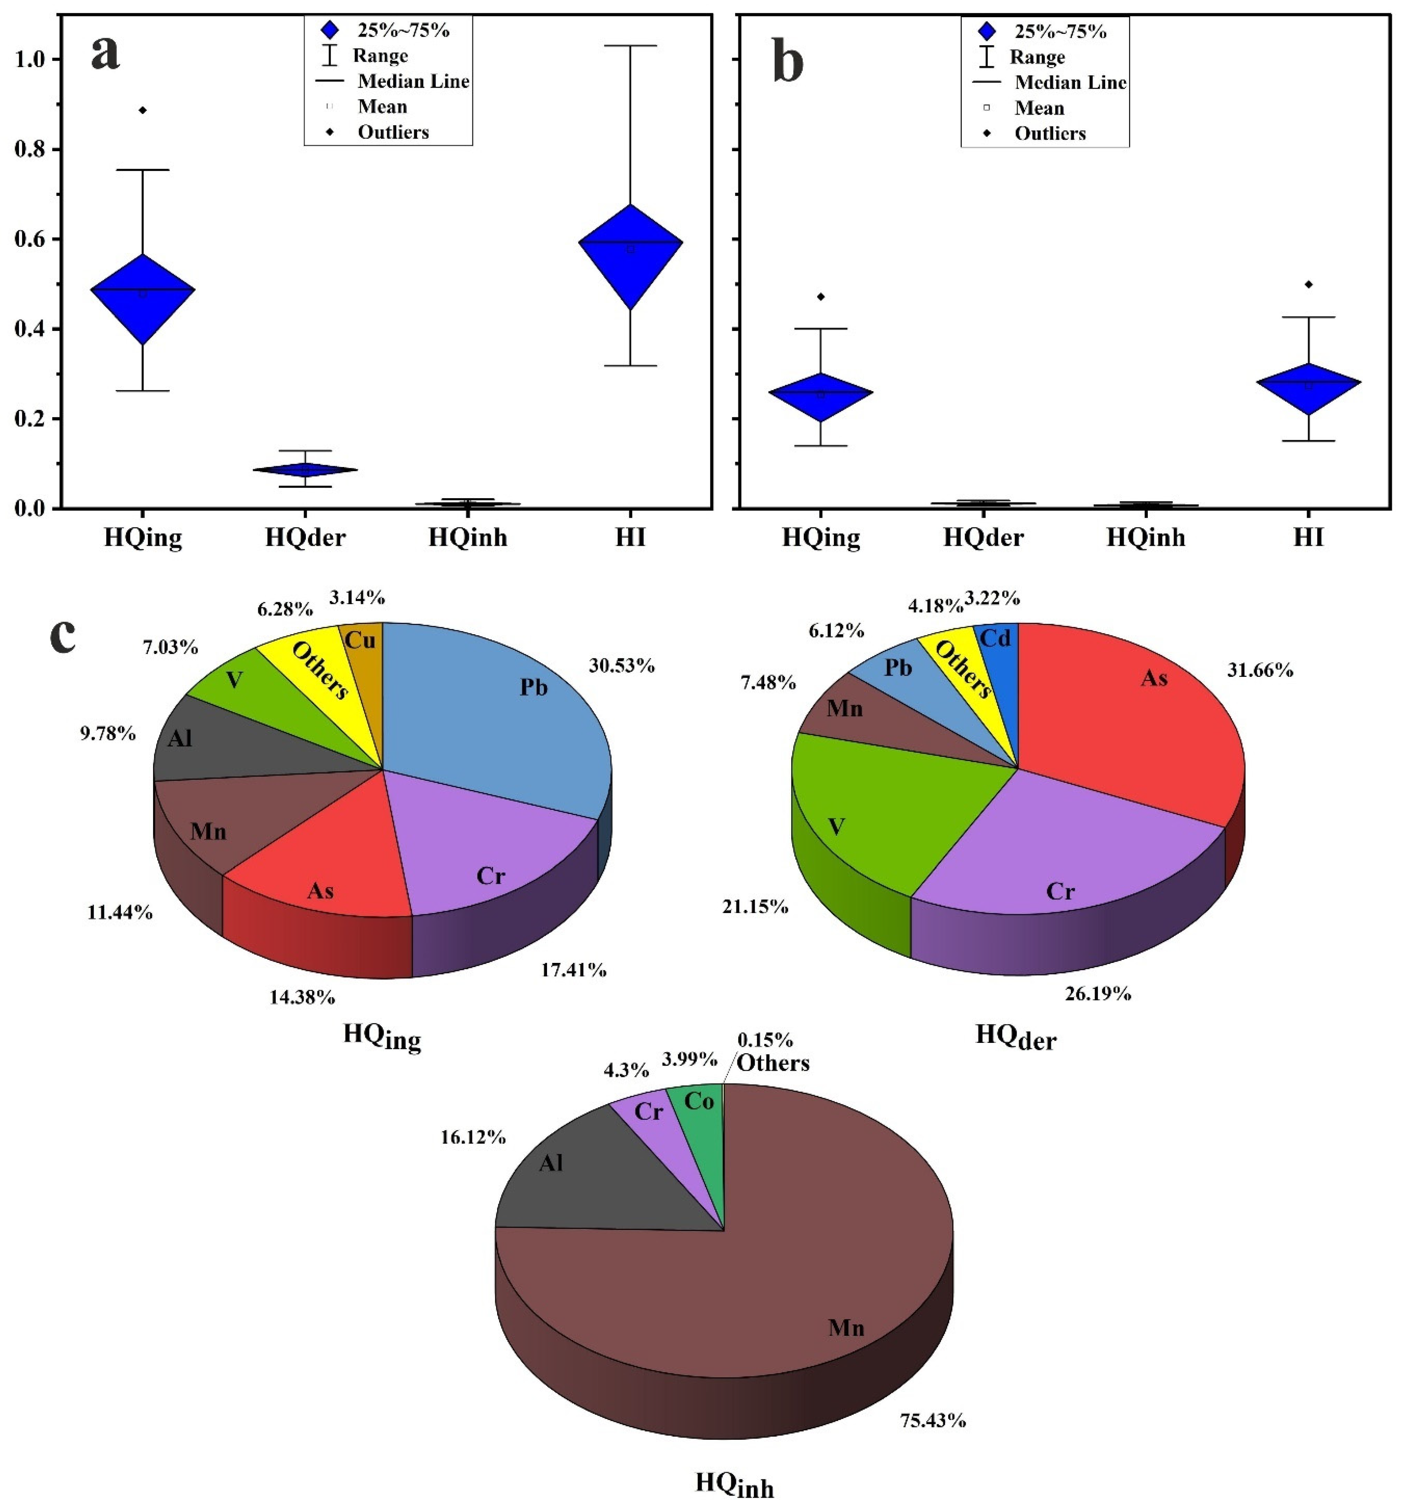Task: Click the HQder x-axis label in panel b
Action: [983, 538]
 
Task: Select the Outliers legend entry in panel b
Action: [1050, 134]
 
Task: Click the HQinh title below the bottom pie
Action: [734, 1484]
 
